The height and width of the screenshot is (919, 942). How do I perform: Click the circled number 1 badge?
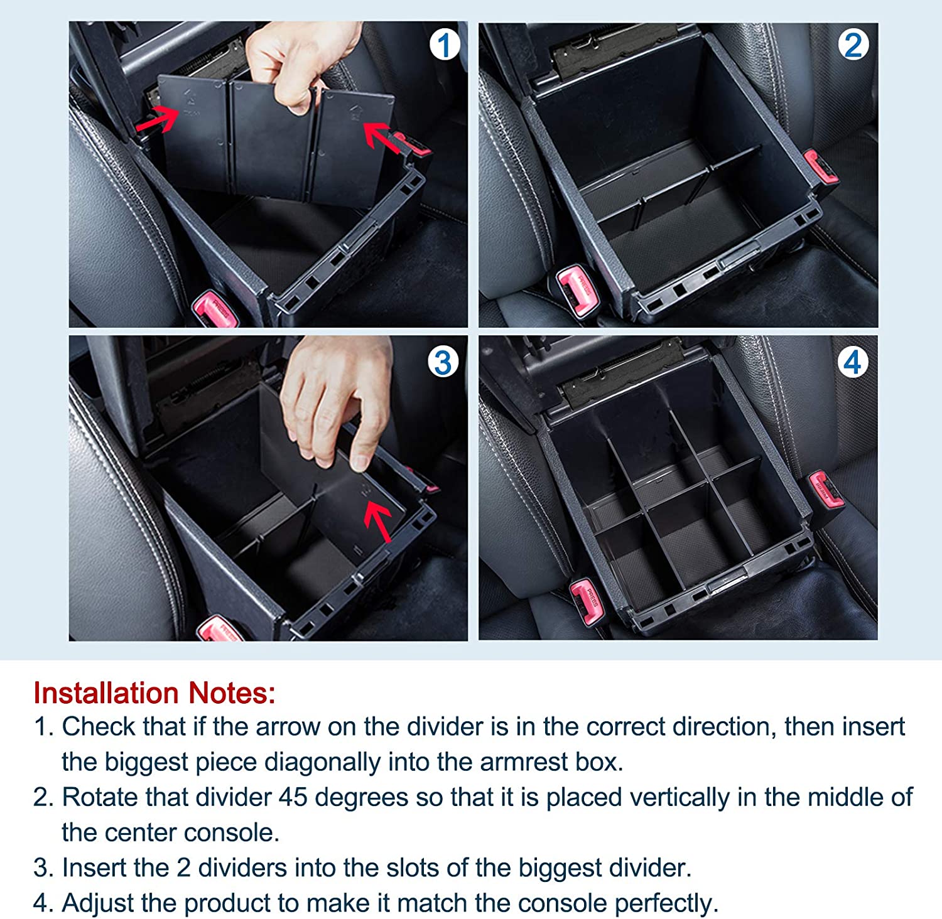click(445, 45)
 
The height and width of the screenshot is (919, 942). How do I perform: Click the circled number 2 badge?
click(853, 45)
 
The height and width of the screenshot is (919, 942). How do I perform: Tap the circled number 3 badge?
click(443, 362)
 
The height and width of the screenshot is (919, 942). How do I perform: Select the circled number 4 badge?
click(852, 362)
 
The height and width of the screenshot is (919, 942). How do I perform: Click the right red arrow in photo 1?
click(382, 137)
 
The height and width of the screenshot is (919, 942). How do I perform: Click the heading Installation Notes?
click(154, 693)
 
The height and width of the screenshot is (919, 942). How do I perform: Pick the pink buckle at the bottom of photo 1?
click(217, 309)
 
